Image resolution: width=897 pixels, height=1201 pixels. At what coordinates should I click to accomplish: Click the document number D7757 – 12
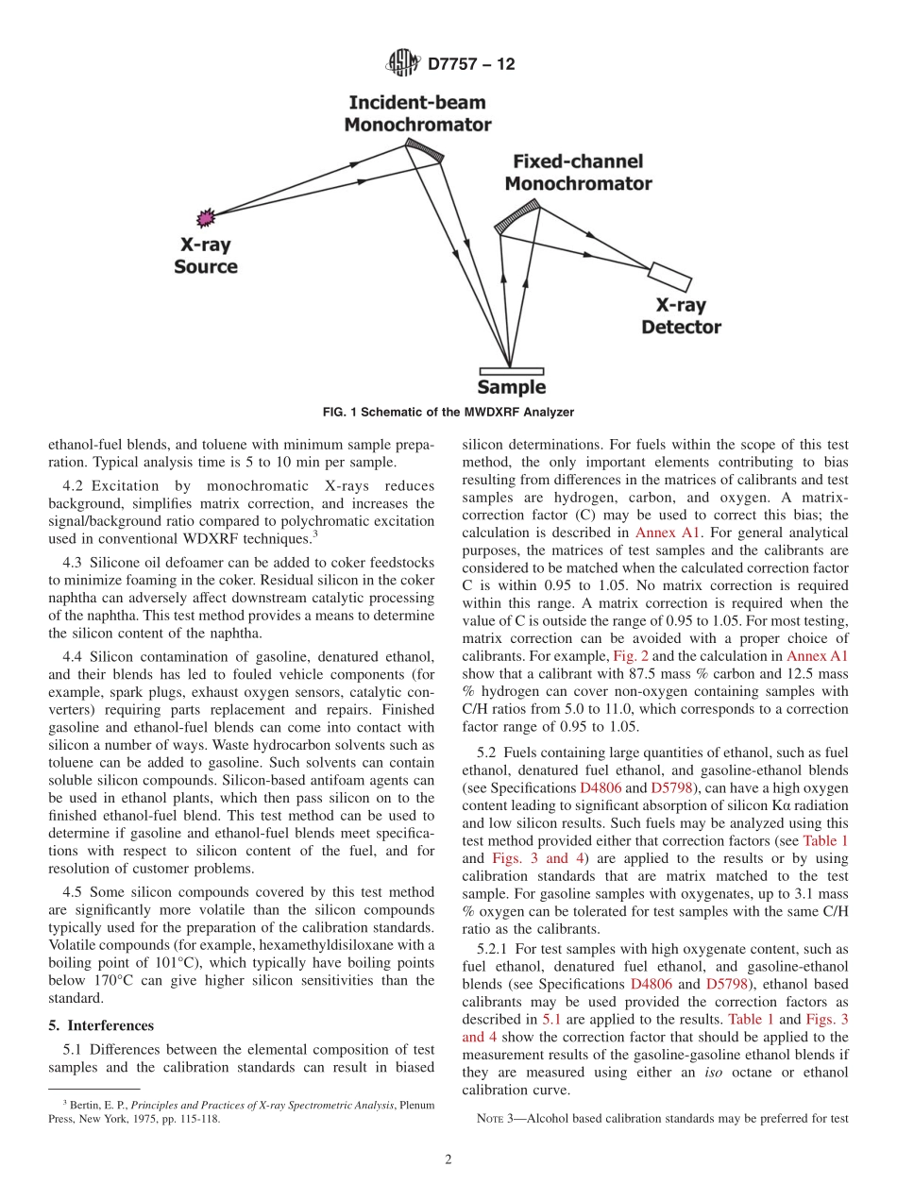coord(470,65)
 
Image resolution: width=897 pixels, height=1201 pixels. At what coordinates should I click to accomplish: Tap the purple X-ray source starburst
coord(205,218)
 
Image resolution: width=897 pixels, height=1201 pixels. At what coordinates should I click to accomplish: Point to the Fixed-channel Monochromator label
coord(578,173)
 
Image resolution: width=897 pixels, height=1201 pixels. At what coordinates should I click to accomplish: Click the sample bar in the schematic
coord(511,370)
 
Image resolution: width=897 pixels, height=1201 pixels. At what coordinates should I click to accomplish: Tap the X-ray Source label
coord(205,256)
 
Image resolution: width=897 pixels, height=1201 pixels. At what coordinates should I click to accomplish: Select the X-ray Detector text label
coord(681,317)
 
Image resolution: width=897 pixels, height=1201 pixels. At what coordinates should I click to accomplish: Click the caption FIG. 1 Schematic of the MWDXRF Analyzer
coord(448,412)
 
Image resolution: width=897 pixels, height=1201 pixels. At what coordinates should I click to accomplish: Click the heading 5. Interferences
coord(99,1024)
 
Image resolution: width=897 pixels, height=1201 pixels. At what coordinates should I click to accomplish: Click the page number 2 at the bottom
coord(448,1159)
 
